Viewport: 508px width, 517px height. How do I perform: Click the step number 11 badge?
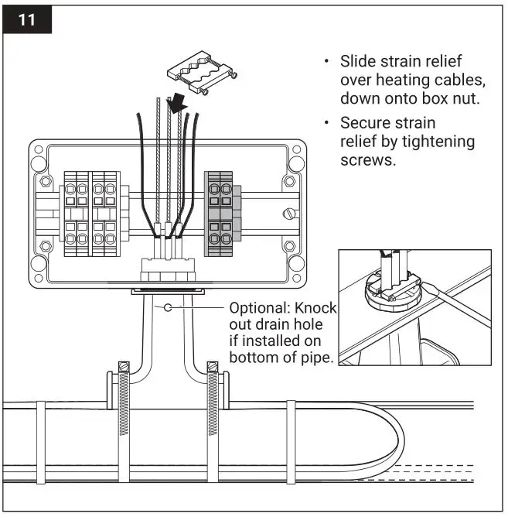[26, 19]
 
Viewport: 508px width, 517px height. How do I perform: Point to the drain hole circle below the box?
[168, 308]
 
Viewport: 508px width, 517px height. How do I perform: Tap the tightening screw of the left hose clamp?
[121, 365]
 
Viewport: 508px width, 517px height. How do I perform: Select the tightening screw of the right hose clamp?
[211, 365]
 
